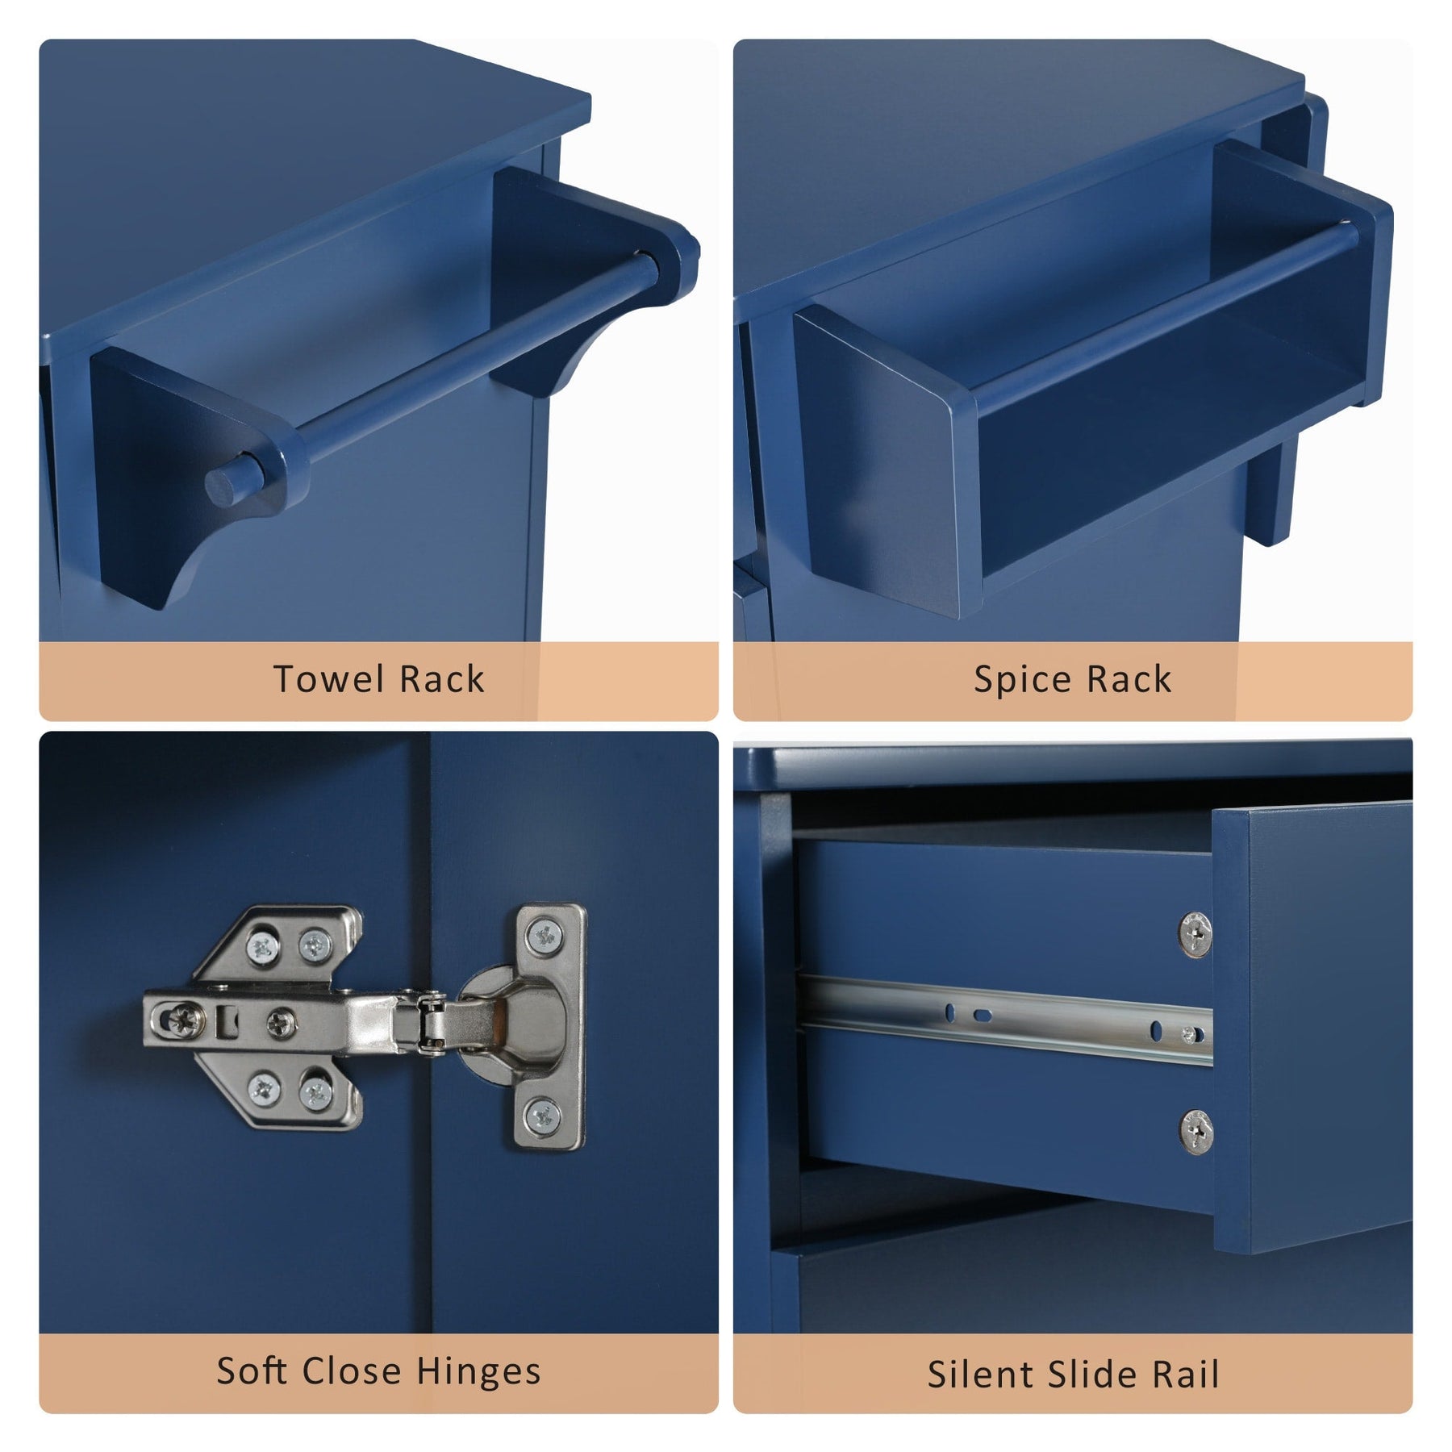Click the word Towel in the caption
pos(328,679)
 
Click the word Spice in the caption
pos(1021,681)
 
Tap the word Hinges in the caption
pos(478,1372)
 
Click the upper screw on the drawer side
pos(1195,934)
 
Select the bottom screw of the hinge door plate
pos(542,1116)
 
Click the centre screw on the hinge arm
pos(280,1024)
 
